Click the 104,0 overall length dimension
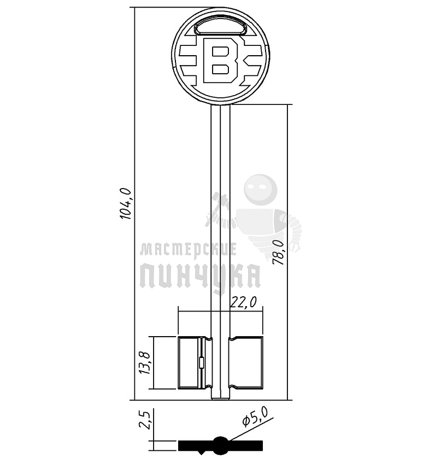tap(125, 203)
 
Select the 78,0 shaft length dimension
tap(278, 252)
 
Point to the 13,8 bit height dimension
tap(145, 363)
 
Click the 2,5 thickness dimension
tap(145, 421)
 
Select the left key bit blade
tap(190, 363)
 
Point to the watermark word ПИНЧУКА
tap(200, 276)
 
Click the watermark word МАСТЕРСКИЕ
tap(189, 250)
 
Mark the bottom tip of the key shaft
tap(220, 397)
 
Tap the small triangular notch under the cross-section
tap(202, 453)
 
